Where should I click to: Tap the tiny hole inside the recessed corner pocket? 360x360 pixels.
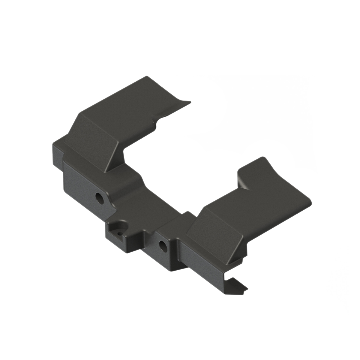pos(120,233)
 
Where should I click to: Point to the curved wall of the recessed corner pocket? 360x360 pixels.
pos(121,225)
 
